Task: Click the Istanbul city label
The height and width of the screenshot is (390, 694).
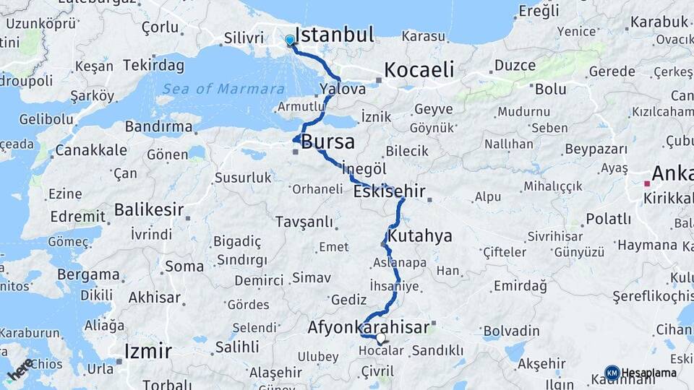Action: pos(334,35)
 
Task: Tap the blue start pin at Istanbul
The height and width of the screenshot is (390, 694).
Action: pos(290,40)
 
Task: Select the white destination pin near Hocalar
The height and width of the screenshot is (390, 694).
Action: pos(380,337)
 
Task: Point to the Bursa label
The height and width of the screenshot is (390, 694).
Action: pos(327,141)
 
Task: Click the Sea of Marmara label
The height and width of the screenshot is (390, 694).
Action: pos(223,89)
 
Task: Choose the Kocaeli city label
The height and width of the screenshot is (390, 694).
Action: pos(419,70)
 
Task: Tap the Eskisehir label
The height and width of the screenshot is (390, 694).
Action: pos(388,192)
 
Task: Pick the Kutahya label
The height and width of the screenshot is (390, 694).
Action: pos(420,236)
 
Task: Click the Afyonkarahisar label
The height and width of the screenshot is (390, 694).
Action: pos(368,327)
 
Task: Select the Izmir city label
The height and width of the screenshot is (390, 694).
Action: pos(148,352)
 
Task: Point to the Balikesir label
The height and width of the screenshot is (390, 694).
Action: pos(148,210)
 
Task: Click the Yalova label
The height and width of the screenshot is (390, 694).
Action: pos(342,88)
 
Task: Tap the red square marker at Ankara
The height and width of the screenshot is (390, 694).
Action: pos(648,183)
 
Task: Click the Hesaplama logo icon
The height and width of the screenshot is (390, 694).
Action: pos(612,373)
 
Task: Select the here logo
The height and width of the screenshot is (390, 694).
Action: pos(20,369)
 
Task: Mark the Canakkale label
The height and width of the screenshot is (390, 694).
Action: pos(91,150)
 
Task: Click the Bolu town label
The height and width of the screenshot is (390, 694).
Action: pos(551,90)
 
